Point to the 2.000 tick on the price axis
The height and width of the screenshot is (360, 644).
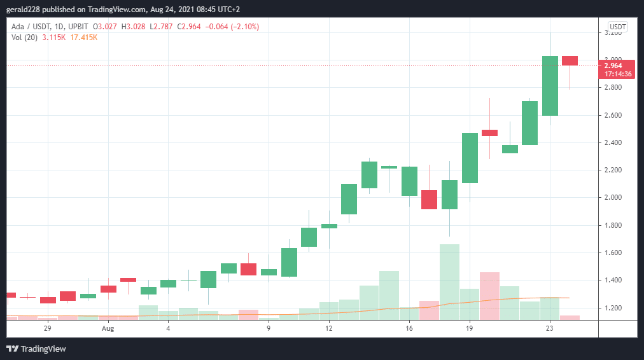613,198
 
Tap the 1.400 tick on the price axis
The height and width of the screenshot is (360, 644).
613,280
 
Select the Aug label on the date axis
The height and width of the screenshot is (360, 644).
108,329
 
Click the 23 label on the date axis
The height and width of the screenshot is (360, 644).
550,329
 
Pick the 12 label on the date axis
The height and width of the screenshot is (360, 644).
329,329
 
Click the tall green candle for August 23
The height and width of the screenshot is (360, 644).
550,86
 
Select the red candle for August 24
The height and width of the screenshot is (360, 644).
570,60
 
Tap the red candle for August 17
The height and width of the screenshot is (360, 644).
429,199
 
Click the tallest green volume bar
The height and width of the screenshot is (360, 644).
449,280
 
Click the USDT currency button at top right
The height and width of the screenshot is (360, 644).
617,27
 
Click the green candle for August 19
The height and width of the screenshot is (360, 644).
470,158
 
